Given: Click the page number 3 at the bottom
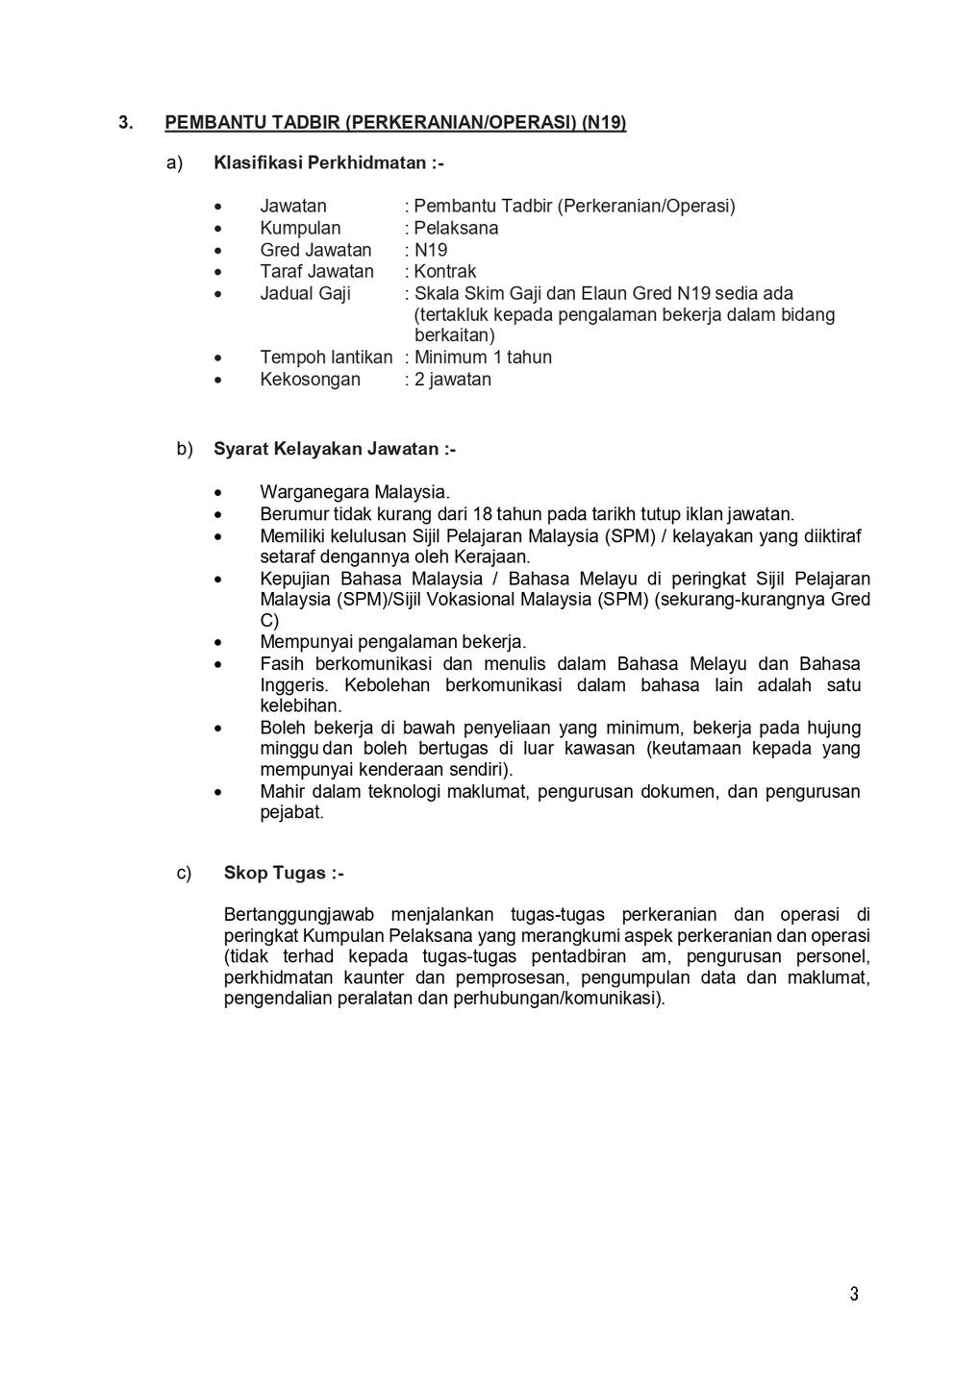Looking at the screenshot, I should (x=854, y=1294).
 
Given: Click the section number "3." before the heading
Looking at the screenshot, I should (x=125, y=123).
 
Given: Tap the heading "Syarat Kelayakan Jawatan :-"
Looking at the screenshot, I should (x=334, y=449).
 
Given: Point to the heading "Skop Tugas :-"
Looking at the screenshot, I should (x=284, y=873).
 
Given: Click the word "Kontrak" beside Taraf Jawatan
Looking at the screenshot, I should (x=444, y=272).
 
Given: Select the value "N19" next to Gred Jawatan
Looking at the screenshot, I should (x=431, y=250).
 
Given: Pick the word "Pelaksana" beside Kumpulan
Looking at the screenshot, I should (x=456, y=229).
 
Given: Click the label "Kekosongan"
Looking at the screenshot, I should (x=310, y=380).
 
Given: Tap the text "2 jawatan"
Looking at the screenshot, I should (x=452, y=380).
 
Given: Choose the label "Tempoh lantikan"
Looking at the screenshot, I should (x=326, y=358).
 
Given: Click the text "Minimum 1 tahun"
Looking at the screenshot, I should (x=483, y=358).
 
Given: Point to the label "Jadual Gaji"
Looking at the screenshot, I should (x=305, y=293).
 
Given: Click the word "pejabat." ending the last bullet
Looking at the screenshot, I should (x=291, y=813).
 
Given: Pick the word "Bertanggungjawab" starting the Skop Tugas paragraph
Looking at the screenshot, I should (x=299, y=915).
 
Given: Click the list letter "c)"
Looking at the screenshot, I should (x=184, y=873).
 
